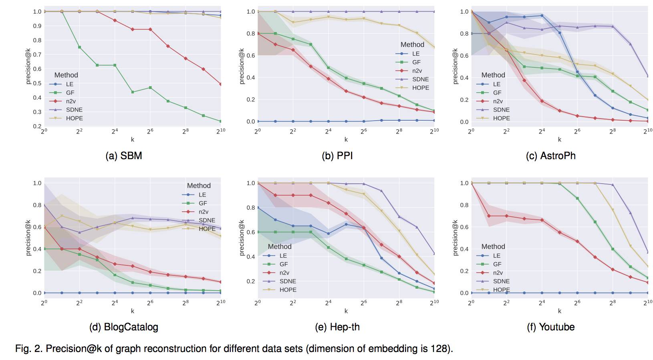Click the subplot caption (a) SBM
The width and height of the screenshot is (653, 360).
(x=123, y=156)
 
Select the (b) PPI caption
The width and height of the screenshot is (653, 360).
(x=337, y=156)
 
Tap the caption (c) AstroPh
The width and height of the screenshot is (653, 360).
(x=550, y=156)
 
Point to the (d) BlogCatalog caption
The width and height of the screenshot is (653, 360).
(x=123, y=327)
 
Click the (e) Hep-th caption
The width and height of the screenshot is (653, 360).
(x=337, y=327)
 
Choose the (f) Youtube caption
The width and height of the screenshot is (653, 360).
(x=550, y=327)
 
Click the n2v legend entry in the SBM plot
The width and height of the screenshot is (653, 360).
(x=71, y=101)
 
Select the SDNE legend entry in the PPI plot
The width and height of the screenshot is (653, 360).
(x=420, y=79)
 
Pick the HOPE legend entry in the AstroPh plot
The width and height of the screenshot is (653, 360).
(x=501, y=118)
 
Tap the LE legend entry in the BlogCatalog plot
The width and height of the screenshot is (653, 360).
(x=202, y=195)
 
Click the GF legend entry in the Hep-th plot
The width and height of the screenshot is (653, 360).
(x=284, y=264)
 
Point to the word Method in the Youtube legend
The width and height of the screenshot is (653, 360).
(x=493, y=247)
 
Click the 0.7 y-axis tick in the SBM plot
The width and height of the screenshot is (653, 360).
(x=37, y=55)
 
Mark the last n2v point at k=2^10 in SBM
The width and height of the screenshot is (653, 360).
(x=221, y=84)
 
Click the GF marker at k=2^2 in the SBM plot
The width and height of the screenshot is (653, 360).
(x=79, y=47)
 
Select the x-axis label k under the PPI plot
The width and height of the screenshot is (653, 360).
(x=346, y=140)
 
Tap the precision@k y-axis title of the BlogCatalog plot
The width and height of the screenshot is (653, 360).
(x=28, y=237)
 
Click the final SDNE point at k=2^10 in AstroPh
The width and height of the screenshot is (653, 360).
(x=648, y=76)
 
